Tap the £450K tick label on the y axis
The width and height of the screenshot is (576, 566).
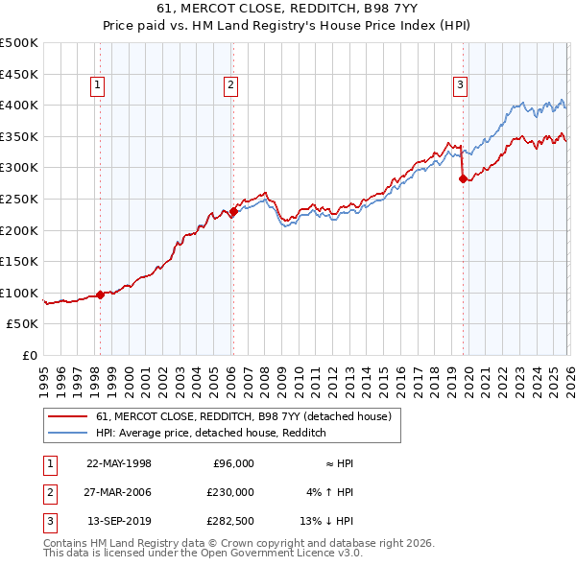point(19,74)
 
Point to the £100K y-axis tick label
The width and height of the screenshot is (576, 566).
point(19,294)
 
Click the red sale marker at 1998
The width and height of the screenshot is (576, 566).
point(100,295)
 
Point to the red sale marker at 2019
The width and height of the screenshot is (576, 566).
point(463,178)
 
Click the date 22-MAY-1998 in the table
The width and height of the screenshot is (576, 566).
point(119,463)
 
